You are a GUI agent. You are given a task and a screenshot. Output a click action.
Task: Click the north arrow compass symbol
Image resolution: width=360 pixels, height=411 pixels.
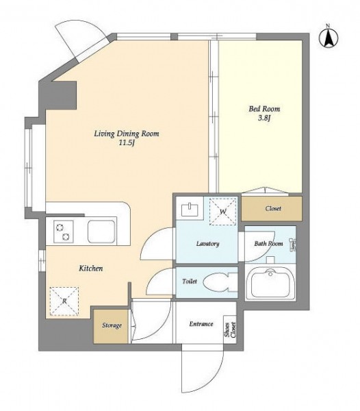point(329,37)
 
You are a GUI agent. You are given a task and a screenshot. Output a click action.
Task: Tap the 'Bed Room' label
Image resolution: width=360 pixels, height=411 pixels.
point(264,109)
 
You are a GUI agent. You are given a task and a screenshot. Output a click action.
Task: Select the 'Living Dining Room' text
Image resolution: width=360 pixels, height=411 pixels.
point(127,134)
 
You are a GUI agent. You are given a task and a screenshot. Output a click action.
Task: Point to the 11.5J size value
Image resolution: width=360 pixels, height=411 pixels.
point(127,143)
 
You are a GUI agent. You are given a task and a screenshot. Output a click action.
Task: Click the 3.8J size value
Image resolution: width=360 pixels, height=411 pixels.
point(264,119)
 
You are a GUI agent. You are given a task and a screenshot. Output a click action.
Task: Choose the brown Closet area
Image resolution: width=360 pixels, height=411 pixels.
point(272,208)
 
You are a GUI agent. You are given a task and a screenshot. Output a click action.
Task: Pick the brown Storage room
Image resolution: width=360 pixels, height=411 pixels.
point(112,326)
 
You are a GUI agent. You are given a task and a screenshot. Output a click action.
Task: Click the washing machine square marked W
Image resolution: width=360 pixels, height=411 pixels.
point(223,212)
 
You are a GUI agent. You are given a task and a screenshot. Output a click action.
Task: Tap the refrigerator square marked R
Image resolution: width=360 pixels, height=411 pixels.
point(64,301)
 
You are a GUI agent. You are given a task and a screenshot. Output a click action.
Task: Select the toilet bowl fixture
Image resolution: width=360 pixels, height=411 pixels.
point(220,282)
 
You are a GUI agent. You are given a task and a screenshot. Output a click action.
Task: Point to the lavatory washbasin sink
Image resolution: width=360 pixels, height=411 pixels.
point(190,210)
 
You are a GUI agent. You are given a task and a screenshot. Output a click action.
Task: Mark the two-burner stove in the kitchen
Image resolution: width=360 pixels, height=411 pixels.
point(64,232)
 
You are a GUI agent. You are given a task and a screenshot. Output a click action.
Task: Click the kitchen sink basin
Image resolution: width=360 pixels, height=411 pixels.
point(101,232)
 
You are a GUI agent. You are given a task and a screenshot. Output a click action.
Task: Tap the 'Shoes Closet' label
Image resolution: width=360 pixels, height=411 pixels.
point(230,329)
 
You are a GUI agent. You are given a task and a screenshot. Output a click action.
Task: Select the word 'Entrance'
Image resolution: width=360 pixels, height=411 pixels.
point(201,324)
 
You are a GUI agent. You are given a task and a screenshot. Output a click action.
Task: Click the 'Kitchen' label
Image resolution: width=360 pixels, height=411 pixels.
point(91,269)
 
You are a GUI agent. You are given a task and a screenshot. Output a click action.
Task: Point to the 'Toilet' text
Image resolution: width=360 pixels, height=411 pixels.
point(190,282)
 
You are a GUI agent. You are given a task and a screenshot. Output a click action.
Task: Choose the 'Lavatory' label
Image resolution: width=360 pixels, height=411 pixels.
point(207,244)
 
